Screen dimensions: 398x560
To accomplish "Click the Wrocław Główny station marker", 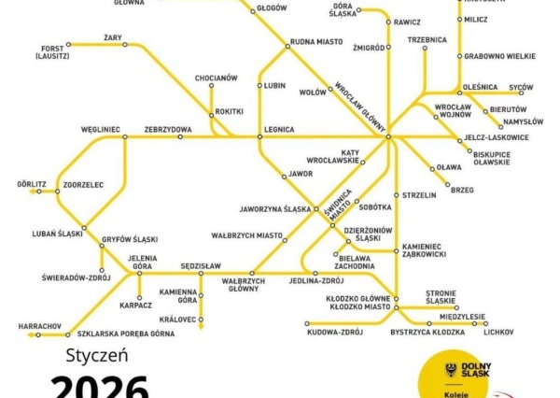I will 387,137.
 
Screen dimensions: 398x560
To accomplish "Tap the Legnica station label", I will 279,129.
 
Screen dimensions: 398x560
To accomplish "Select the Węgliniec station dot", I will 125,137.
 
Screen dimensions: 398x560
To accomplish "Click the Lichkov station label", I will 499,332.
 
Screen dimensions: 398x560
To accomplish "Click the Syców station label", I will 521,88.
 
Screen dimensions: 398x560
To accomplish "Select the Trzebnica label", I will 427,39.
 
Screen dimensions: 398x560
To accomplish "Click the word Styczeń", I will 97,356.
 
